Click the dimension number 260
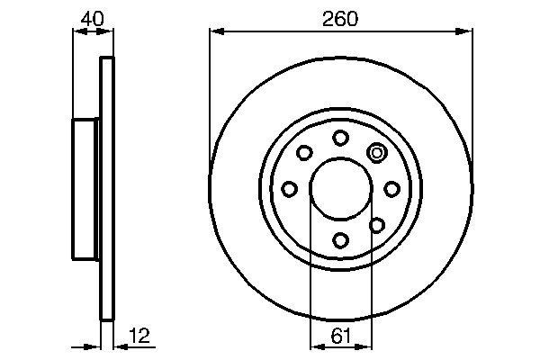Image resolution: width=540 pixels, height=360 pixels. coord(340,19)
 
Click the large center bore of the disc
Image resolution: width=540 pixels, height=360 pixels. coord(340,188)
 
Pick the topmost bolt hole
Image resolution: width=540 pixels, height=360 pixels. coord(340,137)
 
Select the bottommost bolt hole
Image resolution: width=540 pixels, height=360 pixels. coord(340,239)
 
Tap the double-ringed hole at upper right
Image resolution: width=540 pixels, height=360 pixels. coord(377,152)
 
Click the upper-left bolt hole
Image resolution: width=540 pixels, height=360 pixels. coord(304,152)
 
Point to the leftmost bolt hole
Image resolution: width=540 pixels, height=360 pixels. coord(289,188)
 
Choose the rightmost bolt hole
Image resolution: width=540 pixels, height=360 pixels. coord(391,188)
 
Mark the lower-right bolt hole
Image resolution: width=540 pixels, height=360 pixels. coord(377,224)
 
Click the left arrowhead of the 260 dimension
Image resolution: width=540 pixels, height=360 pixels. coord(216,32)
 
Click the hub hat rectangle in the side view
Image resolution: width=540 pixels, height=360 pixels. coord(86,188)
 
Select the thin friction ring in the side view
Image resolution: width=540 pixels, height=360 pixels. coord(108,188)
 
